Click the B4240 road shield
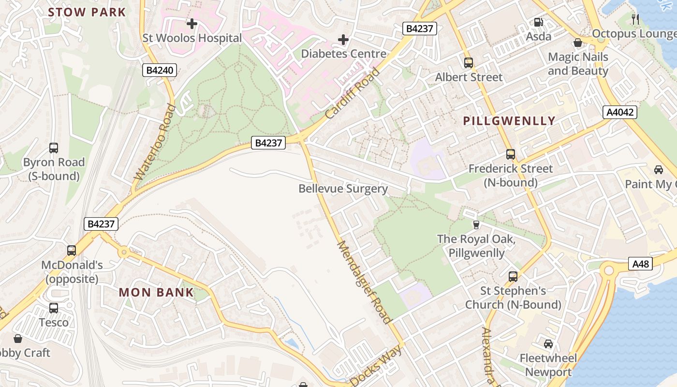pos(160,70)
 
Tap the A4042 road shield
pos(620,112)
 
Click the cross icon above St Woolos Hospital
pos(192,23)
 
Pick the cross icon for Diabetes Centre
pos(343,39)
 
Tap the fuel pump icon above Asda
pos(538,22)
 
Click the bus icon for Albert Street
pos(468,62)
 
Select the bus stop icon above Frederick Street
pos(511,154)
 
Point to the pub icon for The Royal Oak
pos(476,224)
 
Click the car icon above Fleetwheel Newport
pos(548,344)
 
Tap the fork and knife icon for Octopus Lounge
pos(635,19)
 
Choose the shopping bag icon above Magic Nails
pos(577,43)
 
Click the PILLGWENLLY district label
pos(509,121)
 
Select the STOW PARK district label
pos(87,12)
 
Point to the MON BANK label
pos(156,292)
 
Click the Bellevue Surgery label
pos(343,189)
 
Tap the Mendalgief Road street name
pos(363,282)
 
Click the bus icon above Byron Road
pos(54,148)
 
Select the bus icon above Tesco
pos(54,308)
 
